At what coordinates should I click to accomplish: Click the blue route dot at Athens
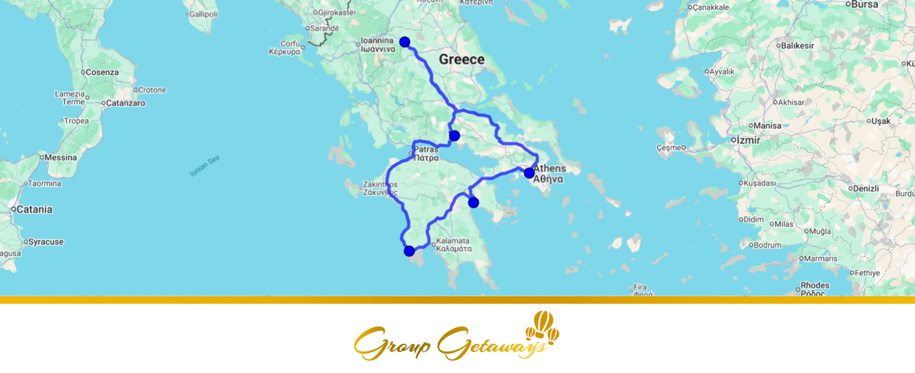[529, 173]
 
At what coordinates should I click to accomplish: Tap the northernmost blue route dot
[404, 42]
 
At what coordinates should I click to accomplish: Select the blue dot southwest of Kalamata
[409, 251]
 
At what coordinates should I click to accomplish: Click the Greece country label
[462, 59]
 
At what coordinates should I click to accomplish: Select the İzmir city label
[748, 140]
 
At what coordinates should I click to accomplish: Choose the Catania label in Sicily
[34, 209]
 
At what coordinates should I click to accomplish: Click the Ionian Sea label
[205, 165]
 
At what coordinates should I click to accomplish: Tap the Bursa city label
[864, 5]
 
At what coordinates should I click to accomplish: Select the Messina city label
[60, 157]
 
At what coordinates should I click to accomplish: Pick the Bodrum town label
[767, 245]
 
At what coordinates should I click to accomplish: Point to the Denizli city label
[866, 188]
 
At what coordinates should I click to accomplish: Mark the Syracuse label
[46, 242]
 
